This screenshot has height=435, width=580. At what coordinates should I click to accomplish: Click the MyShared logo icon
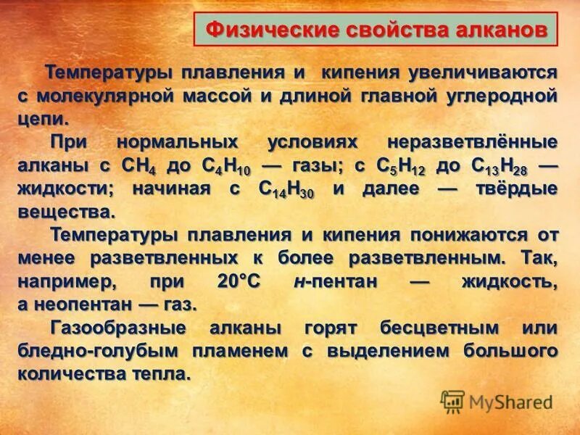point(452,402)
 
